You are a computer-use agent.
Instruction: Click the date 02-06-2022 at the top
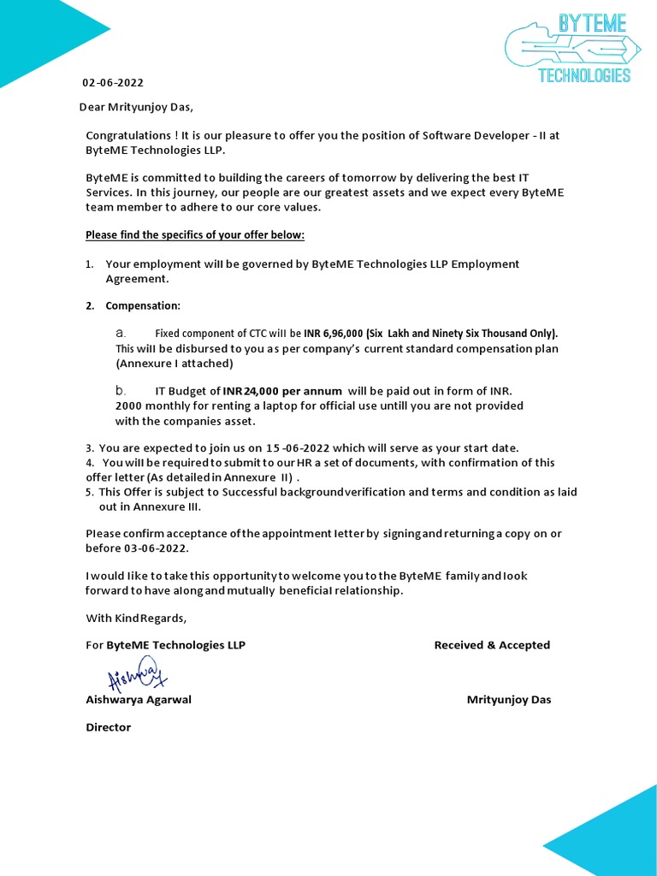(113, 83)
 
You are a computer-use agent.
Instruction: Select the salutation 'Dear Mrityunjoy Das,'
(136, 107)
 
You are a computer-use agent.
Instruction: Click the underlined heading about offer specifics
(195, 234)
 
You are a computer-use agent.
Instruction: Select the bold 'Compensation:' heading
(143, 305)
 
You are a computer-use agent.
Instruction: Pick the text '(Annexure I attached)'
(175, 363)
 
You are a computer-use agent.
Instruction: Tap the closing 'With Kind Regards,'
(136, 618)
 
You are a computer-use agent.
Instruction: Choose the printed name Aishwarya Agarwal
(139, 700)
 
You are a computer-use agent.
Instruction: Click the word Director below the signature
(109, 727)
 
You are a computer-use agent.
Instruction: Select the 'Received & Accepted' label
(492, 645)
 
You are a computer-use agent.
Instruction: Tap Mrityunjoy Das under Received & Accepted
(509, 700)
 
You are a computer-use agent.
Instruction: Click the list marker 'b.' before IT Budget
(121, 390)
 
